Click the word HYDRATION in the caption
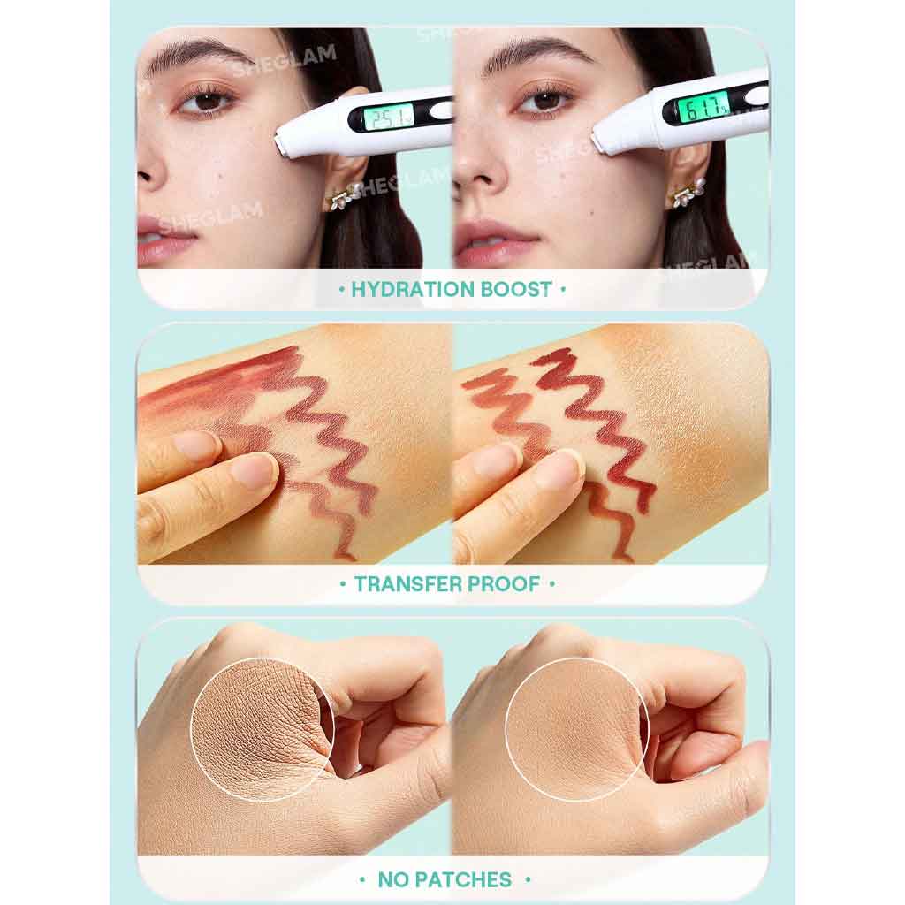point(412,289)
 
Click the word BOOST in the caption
point(516,289)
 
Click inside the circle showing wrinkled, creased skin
point(262,729)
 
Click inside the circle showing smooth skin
point(577,729)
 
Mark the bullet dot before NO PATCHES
point(362,880)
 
